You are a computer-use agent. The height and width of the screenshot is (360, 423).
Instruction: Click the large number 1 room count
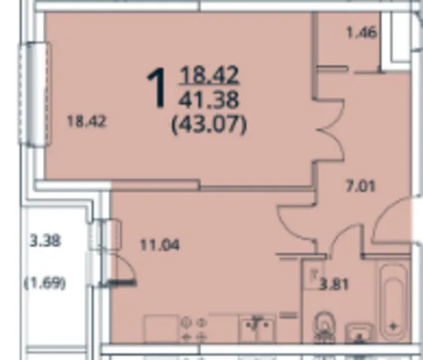(x=157, y=88)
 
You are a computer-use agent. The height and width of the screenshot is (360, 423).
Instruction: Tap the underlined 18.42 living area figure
(x=209, y=75)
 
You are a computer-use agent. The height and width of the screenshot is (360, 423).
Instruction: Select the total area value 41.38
(x=208, y=99)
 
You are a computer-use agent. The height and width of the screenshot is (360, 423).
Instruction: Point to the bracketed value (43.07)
(x=209, y=124)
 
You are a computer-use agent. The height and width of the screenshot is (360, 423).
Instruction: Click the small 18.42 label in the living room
(x=87, y=121)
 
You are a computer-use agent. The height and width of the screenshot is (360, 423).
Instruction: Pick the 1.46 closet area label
(x=361, y=33)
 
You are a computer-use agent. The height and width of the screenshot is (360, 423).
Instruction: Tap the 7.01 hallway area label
(x=361, y=187)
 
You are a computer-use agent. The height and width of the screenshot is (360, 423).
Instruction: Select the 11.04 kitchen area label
(x=160, y=246)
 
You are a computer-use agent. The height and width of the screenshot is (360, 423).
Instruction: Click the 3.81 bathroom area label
(x=333, y=285)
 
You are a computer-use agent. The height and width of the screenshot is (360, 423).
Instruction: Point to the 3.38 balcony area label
(x=45, y=240)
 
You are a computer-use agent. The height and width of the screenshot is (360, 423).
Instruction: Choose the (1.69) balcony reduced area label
(x=45, y=283)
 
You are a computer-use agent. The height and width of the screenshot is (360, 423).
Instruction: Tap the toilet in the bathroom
(x=324, y=328)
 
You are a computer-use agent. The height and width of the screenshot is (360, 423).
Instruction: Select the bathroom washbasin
(x=360, y=333)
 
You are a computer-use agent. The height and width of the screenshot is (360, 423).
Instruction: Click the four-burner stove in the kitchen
(x=193, y=330)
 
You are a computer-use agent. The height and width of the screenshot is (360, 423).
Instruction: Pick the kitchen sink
(x=257, y=330)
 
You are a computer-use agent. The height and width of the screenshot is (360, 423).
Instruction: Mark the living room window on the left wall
(x=35, y=93)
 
